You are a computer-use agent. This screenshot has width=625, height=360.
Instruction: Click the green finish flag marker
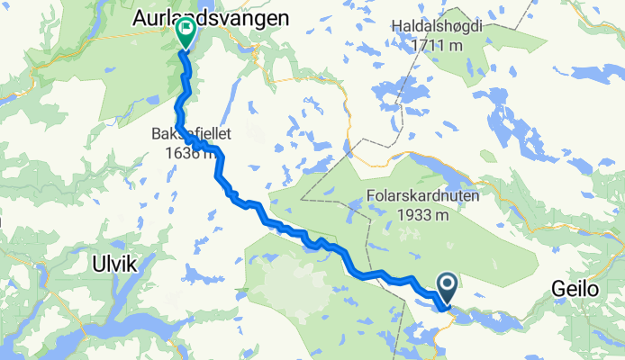(x=185, y=33)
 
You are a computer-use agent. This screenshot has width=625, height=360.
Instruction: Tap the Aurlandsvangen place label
(x=211, y=17)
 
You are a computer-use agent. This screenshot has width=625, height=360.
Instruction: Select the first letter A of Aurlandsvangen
(x=140, y=17)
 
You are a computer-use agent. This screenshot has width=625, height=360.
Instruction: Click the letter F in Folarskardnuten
(x=371, y=197)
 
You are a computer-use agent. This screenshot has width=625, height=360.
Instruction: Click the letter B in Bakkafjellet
(x=156, y=133)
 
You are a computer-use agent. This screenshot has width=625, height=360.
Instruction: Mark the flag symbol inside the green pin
(x=186, y=30)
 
